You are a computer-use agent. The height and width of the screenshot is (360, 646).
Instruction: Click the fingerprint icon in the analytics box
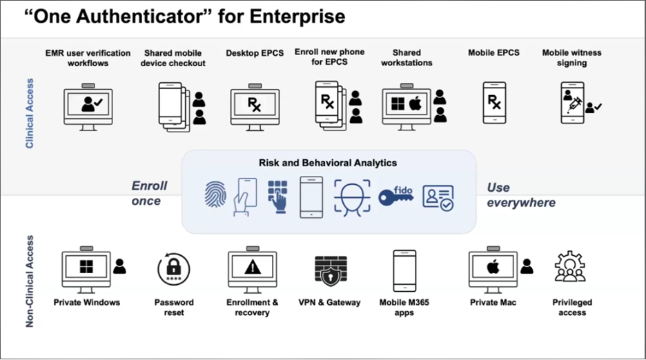[x=215, y=196]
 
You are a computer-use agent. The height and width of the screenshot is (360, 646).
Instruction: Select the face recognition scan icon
[x=352, y=197]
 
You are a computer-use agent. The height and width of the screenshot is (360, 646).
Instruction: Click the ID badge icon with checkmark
[x=438, y=197]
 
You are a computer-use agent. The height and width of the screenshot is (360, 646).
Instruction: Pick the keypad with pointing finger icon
[x=277, y=197]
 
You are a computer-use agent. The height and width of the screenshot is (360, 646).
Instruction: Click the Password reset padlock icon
[x=173, y=270]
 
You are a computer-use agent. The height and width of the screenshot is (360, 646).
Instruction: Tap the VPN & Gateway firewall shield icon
[x=329, y=271]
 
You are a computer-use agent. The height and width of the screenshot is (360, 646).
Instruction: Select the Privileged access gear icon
[x=570, y=268]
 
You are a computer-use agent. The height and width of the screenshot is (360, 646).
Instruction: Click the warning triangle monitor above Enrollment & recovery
[x=252, y=268]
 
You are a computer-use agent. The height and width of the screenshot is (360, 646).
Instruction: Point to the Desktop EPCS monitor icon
[x=255, y=105]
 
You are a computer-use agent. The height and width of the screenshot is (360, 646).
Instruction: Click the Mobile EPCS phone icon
[x=494, y=103]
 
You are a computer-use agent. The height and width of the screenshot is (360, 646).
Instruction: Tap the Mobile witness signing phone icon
[x=572, y=103]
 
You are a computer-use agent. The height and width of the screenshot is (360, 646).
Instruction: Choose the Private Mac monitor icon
[x=493, y=268]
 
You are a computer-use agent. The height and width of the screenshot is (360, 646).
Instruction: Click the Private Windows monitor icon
[x=86, y=268]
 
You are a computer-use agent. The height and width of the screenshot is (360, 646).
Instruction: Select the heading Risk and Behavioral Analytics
[x=328, y=163]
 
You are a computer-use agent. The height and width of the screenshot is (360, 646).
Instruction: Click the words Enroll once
[x=149, y=193]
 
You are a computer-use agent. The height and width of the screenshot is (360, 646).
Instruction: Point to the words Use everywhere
[x=520, y=194]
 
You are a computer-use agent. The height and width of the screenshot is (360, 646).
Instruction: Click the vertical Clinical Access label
[x=30, y=113]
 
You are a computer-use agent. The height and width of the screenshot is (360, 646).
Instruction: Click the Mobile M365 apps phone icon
[x=404, y=270]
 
